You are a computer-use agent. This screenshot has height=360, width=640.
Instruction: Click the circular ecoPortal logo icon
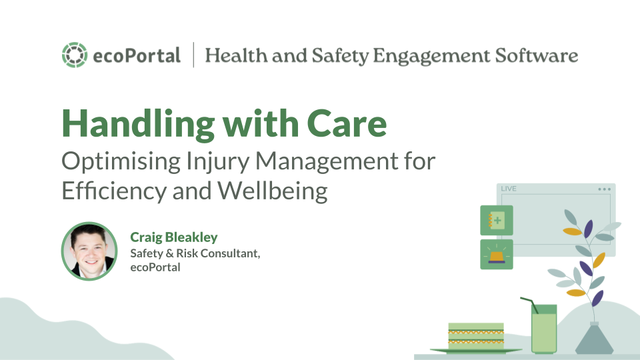[x=74, y=55]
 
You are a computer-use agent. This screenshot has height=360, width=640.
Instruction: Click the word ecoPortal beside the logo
[x=136, y=56]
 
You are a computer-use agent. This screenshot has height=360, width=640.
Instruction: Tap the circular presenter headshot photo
[x=89, y=250]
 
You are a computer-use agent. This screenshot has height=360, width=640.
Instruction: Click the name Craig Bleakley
[x=174, y=237]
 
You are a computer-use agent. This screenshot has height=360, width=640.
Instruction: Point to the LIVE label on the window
[x=509, y=189]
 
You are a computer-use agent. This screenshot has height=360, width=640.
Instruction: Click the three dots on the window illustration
[x=604, y=189]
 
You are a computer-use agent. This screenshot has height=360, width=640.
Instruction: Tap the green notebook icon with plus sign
[x=497, y=221]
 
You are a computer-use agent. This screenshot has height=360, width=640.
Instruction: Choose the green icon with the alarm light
[x=497, y=255]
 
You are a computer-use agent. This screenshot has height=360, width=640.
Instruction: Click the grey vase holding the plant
[x=594, y=338]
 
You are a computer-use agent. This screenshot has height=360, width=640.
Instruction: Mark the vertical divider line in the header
[x=193, y=55]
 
